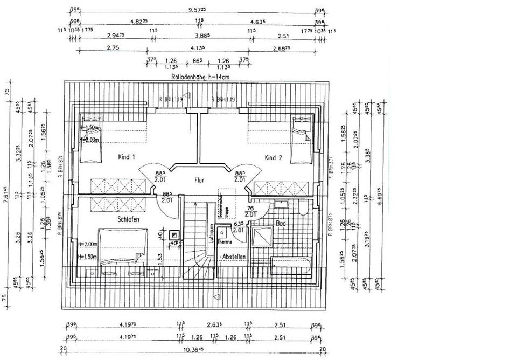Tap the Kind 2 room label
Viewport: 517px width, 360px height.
pos(273,157)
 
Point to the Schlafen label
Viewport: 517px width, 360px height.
pos(129,219)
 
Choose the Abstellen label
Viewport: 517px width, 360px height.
pos(235,257)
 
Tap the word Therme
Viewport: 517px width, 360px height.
pos(224,242)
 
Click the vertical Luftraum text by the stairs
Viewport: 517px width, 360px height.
pos(212,232)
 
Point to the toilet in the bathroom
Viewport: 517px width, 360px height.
pos(302,208)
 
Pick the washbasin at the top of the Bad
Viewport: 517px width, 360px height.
pos(281,204)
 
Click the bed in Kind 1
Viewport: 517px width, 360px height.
pos(90,138)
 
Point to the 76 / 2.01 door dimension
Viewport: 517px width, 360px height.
pos(250,211)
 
